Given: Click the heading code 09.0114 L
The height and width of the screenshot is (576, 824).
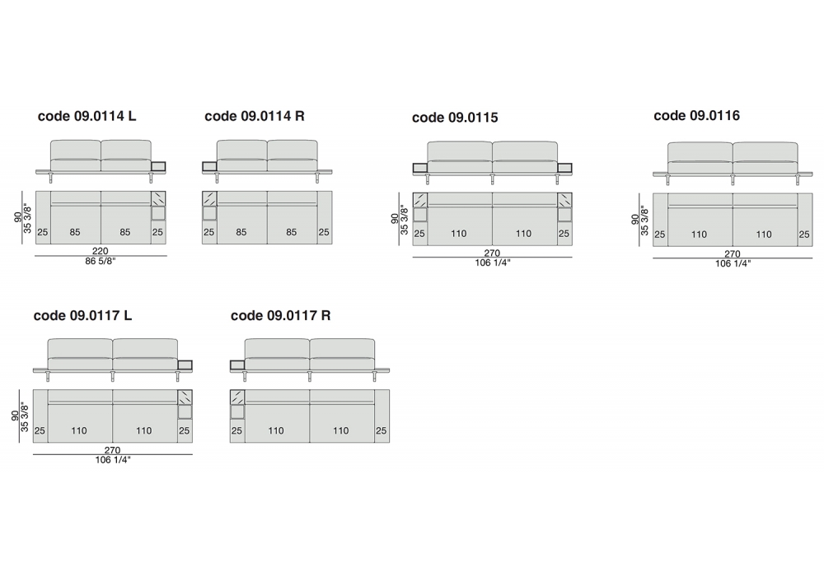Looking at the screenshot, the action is point(87,116).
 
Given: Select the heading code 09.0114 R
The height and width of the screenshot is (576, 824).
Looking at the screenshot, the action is point(255,116).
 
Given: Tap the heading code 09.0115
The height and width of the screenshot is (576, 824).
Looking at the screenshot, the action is point(455,118).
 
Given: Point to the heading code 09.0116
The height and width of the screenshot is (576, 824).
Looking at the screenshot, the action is point(696,115).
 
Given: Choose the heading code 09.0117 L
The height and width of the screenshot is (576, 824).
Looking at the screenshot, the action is point(82,315).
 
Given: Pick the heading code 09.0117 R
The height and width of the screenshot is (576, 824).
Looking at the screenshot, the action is point(281,315).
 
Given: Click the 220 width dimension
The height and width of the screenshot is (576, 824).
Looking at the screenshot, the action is point(100,251).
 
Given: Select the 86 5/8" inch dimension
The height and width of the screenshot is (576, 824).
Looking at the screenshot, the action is point(100,261).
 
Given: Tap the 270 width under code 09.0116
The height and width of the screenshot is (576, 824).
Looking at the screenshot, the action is point(732,254).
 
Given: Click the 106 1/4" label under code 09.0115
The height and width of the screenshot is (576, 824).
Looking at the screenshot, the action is point(493,262).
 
